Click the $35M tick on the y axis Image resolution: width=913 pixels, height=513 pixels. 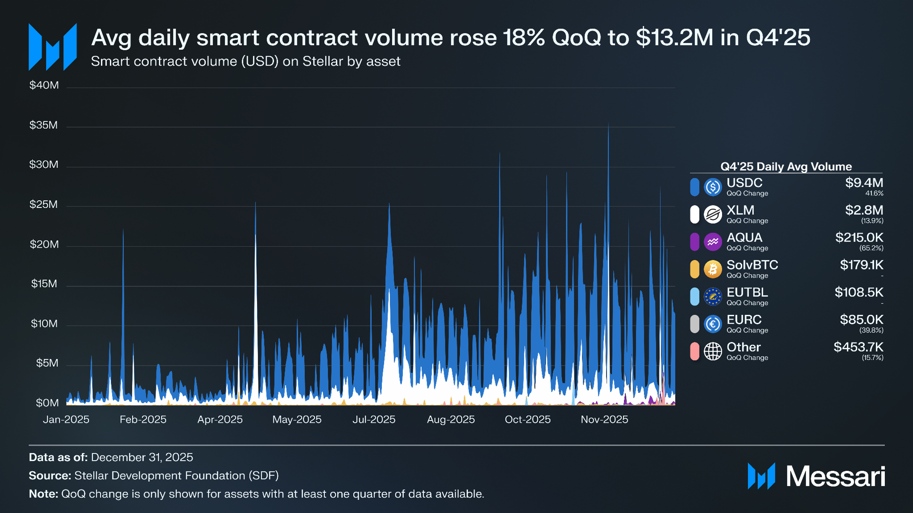pos(43,125)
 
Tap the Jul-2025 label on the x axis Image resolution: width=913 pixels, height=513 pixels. pos(374,420)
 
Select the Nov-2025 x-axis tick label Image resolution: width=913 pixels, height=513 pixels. pos(604,420)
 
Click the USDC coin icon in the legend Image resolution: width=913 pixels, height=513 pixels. pos(712,187)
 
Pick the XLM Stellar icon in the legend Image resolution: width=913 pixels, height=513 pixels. pos(712,214)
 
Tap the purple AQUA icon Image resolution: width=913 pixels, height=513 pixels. pos(712,242)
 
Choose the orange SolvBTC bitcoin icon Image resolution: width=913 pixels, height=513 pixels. pos(712,269)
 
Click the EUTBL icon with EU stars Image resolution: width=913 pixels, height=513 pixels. pos(712,297)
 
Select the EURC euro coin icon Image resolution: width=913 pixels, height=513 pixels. pos(712,324)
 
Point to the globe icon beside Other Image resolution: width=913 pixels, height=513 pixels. pos(712,352)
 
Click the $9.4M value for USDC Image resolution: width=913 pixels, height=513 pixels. pos(864,183)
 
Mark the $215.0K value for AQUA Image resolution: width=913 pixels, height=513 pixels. pos(859,238)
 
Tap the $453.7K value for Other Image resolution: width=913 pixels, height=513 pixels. pos(858,347)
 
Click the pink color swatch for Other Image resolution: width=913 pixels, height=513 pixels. pos(694,352)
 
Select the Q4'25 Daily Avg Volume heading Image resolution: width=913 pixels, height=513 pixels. pos(786,167)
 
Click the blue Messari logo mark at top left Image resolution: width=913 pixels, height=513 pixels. pos(52,47)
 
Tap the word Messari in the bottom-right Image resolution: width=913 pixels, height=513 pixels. pos(835,476)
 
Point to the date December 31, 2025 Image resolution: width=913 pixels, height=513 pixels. pos(142,458)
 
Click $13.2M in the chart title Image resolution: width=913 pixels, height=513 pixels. pos(674,37)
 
